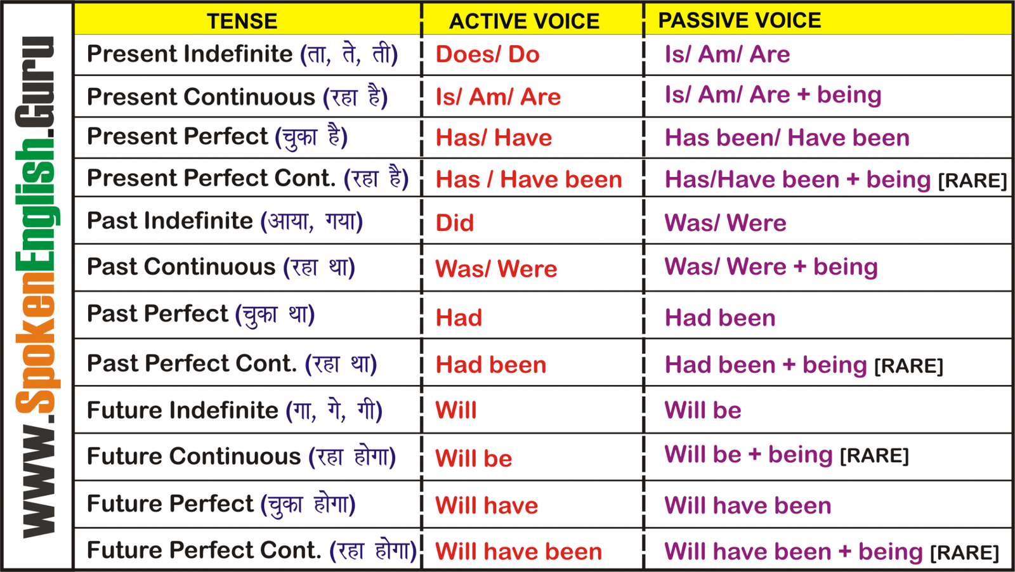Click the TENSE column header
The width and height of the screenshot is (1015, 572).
242,22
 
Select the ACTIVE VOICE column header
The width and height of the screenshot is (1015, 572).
524,22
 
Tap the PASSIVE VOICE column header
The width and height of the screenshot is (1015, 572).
740,20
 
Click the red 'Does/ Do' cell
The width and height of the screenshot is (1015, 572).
488,55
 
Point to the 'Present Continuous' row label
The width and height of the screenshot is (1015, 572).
200,96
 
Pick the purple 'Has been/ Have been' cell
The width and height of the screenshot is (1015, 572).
787,138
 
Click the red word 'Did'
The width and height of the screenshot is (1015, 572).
454,223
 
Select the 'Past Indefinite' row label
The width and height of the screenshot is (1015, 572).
169,221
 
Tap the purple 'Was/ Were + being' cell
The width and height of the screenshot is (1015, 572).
771,266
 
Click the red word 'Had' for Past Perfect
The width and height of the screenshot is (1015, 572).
459,318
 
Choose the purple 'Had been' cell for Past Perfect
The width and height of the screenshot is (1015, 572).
720,318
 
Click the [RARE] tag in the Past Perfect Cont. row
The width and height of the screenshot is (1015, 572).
908,366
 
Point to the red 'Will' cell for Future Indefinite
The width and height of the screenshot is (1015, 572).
456,410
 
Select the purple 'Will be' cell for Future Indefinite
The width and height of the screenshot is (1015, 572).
703,410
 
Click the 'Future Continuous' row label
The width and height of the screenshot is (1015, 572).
194,456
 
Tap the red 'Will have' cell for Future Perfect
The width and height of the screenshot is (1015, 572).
487,505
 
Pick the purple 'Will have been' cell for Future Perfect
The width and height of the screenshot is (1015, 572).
748,505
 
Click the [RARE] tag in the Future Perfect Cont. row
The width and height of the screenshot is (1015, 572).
965,553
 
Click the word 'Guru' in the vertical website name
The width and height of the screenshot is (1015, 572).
34,82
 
